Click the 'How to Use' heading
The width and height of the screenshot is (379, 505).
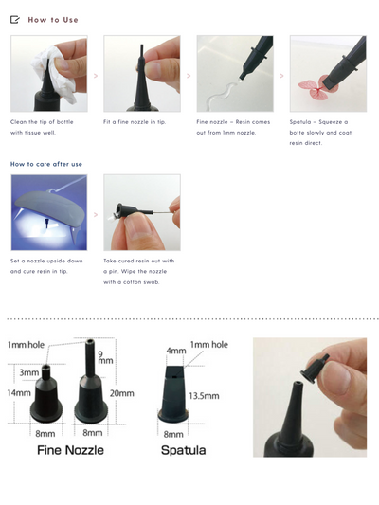53,19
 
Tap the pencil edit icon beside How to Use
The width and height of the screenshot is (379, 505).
15,19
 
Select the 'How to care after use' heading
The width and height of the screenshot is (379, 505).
46,164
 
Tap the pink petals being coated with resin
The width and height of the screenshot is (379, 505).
316,86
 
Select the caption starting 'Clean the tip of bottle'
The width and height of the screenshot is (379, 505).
45,128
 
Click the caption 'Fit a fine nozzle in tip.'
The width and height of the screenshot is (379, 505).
135,122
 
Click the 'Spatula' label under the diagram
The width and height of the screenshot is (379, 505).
183,451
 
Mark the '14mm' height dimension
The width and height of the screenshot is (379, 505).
18,391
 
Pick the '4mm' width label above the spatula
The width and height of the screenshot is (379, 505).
175,351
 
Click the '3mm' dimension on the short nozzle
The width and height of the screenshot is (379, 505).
28,373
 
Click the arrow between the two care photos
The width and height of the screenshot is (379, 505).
95,212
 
